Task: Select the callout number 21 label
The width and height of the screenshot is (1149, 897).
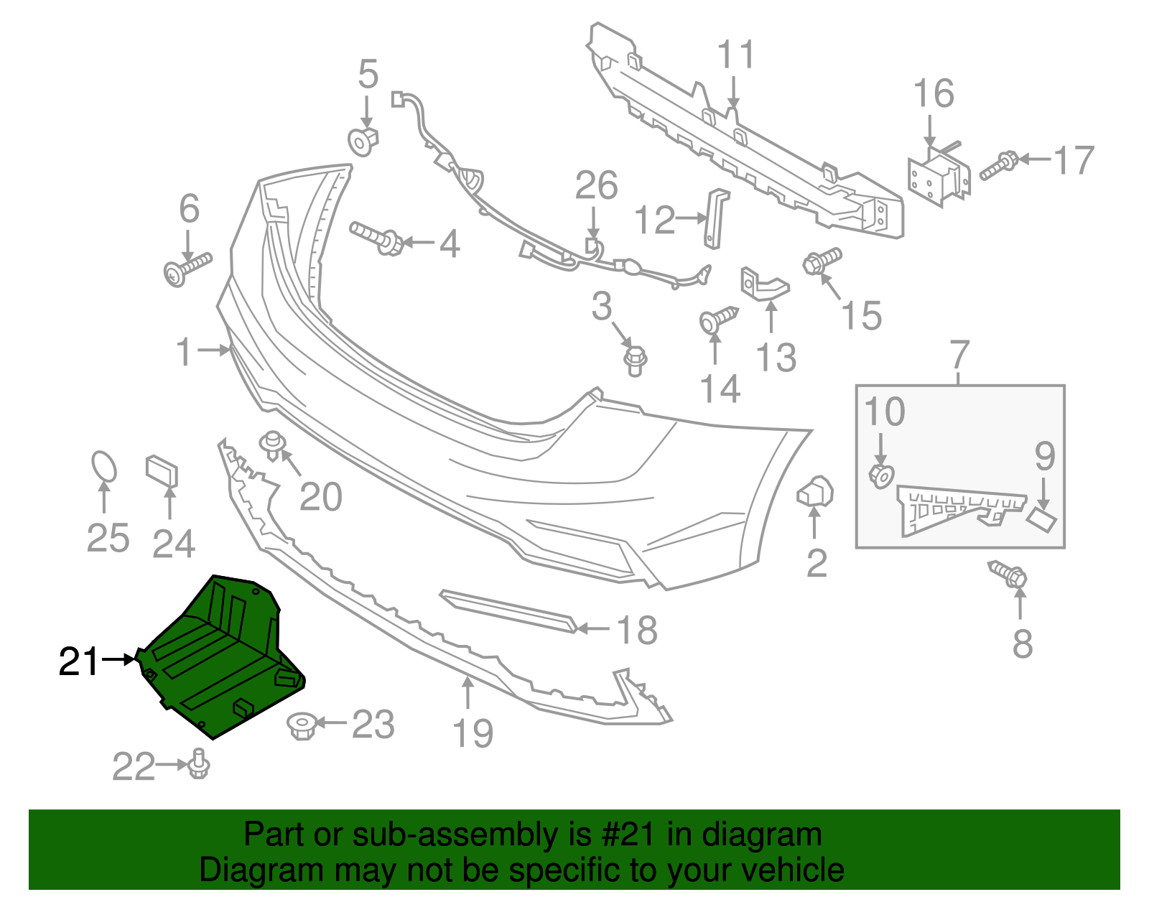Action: pyautogui.click(x=78, y=661)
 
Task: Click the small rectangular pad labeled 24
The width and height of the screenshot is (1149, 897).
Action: pyautogui.click(x=162, y=471)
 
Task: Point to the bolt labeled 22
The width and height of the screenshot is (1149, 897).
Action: pyautogui.click(x=198, y=765)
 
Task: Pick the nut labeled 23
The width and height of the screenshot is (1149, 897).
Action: pyautogui.click(x=302, y=725)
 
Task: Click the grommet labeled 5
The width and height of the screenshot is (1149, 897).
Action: pyautogui.click(x=363, y=141)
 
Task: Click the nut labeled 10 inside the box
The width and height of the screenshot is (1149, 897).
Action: pyautogui.click(x=881, y=475)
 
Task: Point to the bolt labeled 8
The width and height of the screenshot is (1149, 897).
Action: pyautogui.click(x=1009, y=574)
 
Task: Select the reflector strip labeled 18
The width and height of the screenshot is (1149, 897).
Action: pyautogui.click(x=508, y=611)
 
